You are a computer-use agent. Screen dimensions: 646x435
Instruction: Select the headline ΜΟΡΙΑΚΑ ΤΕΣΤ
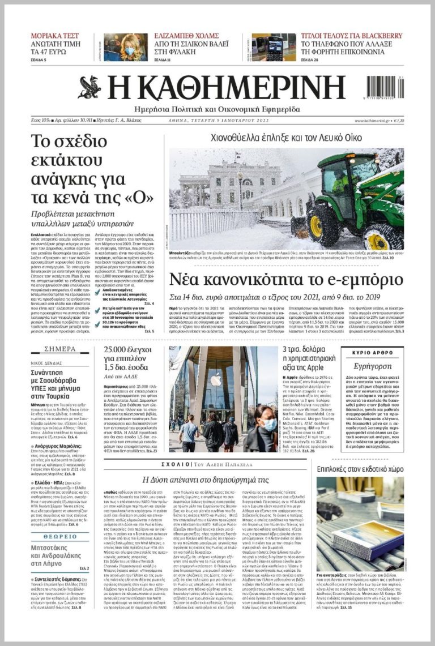click(x=55, y=36)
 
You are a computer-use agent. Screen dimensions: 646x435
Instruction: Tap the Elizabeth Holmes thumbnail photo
click(x=125, y=48)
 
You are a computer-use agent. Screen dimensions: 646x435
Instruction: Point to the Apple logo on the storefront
click(x=216, y=380)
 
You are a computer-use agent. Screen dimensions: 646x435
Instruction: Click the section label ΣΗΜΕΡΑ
click(x=59, y=349)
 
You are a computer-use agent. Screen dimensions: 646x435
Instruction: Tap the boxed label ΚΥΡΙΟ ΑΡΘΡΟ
click(x=372, y=352)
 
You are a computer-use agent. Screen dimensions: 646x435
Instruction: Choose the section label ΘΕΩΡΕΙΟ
click(x=59, y=536)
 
